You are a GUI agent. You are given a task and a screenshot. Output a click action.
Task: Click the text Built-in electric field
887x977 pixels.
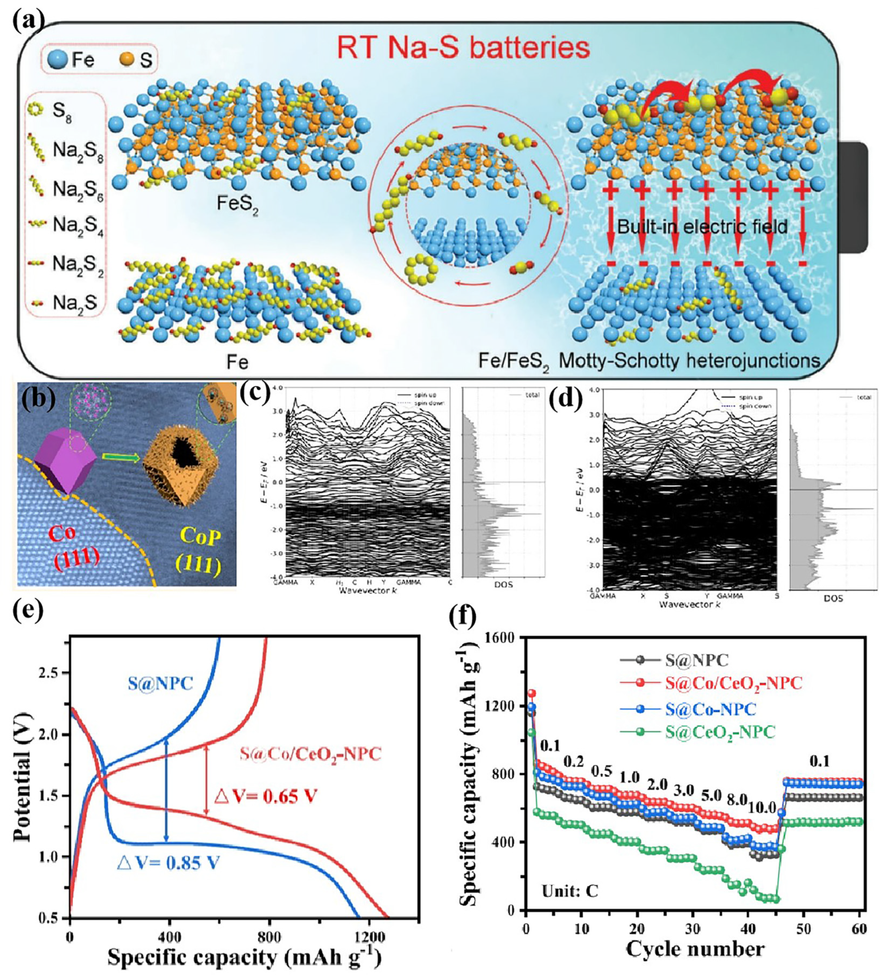click(x=702, y=226)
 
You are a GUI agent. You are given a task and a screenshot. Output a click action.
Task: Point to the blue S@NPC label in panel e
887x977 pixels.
click(x=161, y=683)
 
